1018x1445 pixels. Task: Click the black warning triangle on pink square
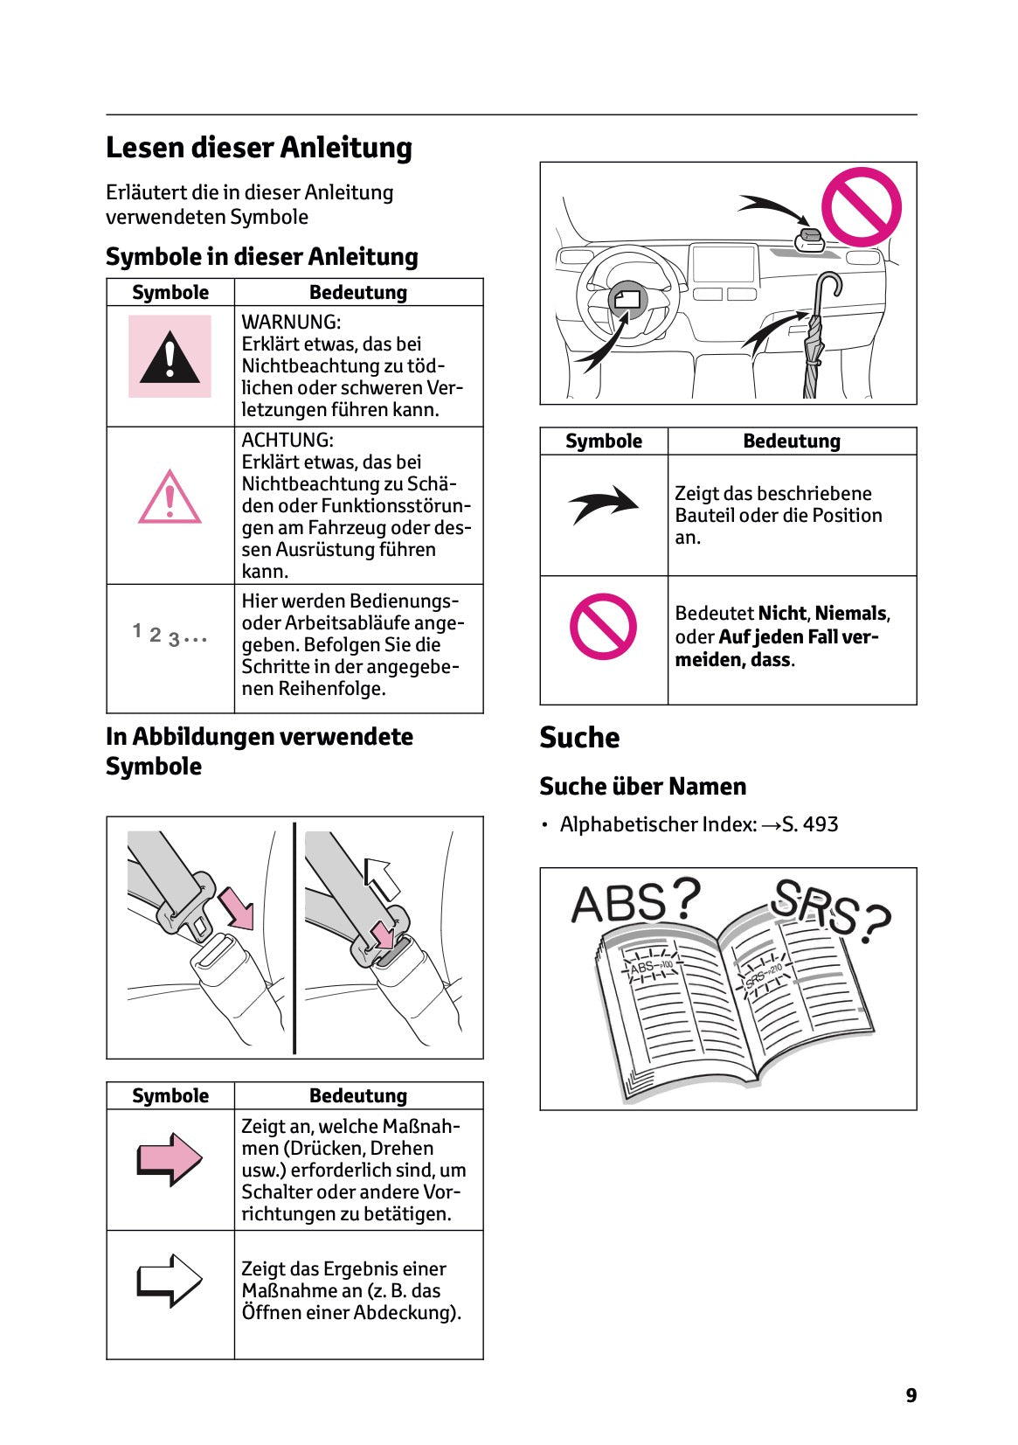[170, 358]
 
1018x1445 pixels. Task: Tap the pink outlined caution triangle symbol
[170, 498]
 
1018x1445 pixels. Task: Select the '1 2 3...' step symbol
[170, 635]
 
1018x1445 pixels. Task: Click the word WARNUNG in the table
[290, 322]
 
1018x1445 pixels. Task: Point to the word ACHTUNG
[287, 440]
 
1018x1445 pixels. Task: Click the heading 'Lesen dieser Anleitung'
[259, 147]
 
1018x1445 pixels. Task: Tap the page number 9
[911, 1395]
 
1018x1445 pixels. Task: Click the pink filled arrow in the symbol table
[170, 1159]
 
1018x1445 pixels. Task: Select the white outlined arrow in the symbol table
[170, 1281]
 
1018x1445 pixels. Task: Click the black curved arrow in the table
[603, 504]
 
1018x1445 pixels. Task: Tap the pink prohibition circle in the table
[603, 626]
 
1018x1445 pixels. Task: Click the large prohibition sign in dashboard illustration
[861, 207]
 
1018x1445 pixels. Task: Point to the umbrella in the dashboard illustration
[816, 337]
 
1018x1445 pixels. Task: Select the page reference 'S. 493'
[809, 824]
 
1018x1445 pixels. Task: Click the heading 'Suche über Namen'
[642, 786]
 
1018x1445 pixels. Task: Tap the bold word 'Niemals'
[850, 614]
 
